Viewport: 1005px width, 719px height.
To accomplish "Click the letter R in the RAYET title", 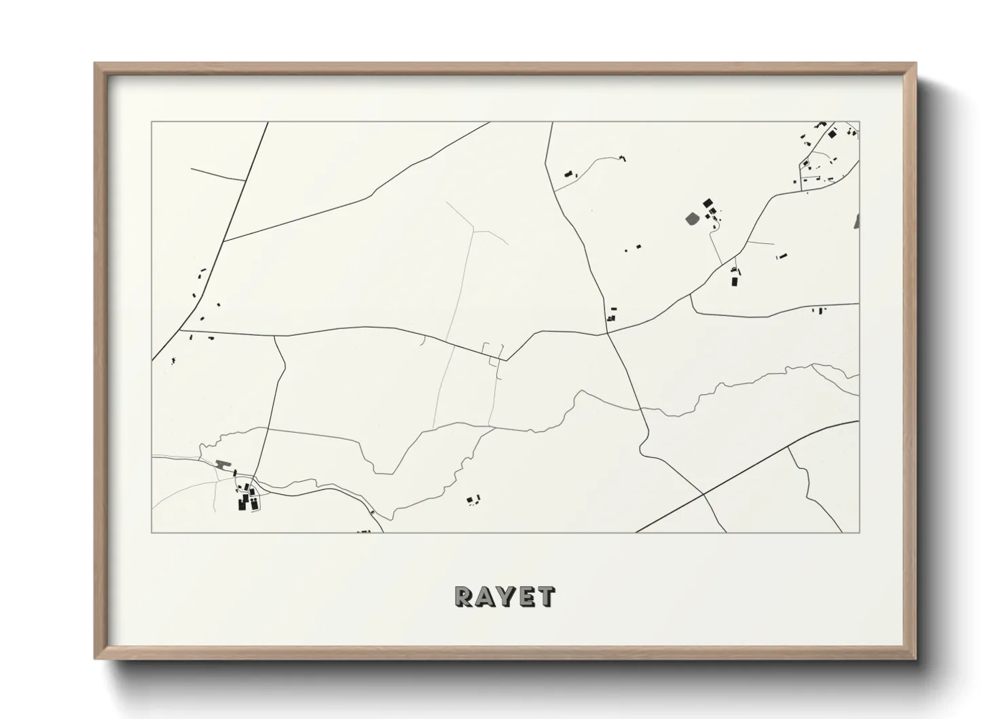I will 464,596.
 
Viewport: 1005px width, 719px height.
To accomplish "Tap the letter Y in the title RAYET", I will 507,596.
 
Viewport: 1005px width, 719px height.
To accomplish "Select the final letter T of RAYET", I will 547,596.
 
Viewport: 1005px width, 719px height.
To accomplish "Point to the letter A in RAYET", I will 486,596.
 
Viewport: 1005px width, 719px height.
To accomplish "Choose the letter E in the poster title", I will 528,596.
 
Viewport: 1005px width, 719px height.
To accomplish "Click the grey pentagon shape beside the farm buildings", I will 692,218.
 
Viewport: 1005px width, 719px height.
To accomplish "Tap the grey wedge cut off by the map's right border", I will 856,221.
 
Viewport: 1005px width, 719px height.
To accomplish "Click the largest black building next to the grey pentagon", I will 708,203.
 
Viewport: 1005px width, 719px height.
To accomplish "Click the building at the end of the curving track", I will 622,158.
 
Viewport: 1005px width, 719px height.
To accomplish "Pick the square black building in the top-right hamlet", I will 830,135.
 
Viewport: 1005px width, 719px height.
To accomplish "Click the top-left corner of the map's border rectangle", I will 151,122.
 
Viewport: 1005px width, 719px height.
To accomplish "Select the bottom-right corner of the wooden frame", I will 915,659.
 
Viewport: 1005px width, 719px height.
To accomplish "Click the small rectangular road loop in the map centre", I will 493,351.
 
